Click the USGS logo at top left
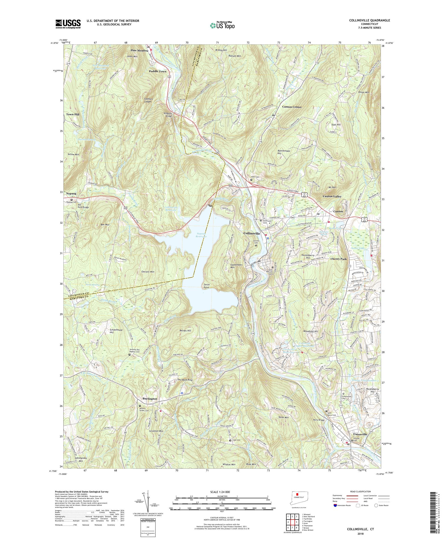pos(68,24)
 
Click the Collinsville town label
pos(252,233)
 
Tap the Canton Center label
pos(292,107)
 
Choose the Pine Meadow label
pos(139,51)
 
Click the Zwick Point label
pos(206,286)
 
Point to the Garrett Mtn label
pos(148,272)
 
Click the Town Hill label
pos(73,114)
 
